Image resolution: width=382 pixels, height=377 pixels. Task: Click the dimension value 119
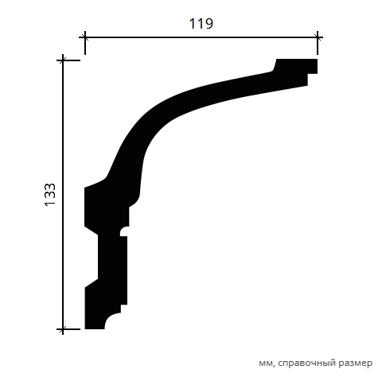tap(201, 24)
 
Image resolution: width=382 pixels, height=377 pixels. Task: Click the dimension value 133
tap(50, 195)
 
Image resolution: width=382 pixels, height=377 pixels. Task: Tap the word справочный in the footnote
tap(306, 363)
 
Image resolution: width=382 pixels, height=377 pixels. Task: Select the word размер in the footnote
tap(356, 363)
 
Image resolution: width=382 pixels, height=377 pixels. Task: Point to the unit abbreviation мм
tap(266, 363)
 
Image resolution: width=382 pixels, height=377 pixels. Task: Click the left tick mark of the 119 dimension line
tap(85, 37)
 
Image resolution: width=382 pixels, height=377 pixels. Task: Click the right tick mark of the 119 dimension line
tap(318, 37)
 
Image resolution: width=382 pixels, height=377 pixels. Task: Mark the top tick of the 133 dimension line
tap(63, 60)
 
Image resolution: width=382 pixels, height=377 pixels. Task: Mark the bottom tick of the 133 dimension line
tap(63, 329)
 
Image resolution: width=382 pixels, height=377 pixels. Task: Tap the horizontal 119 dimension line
tap(201, 37)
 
